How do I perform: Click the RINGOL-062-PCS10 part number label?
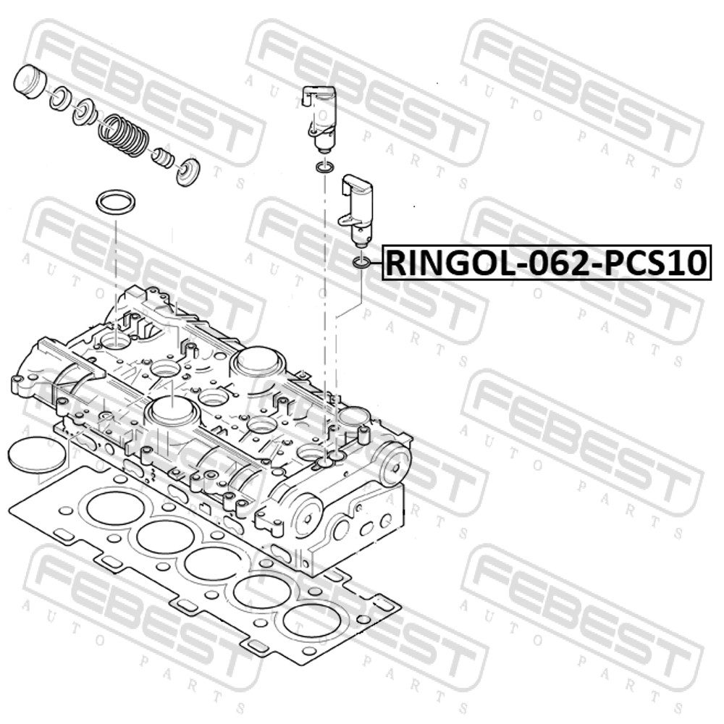coord(546,263)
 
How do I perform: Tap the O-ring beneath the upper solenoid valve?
coord(324,168)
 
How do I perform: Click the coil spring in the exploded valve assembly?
coord(124,133)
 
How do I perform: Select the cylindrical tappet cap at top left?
coord(31,83)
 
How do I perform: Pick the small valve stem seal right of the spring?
coord(164,159)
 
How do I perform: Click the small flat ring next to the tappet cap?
coord(59,98)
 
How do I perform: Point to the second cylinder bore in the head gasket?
coord(165,538)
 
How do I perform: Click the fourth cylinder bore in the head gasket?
coord(259,594)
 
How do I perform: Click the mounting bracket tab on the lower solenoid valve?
coord(348,217)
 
